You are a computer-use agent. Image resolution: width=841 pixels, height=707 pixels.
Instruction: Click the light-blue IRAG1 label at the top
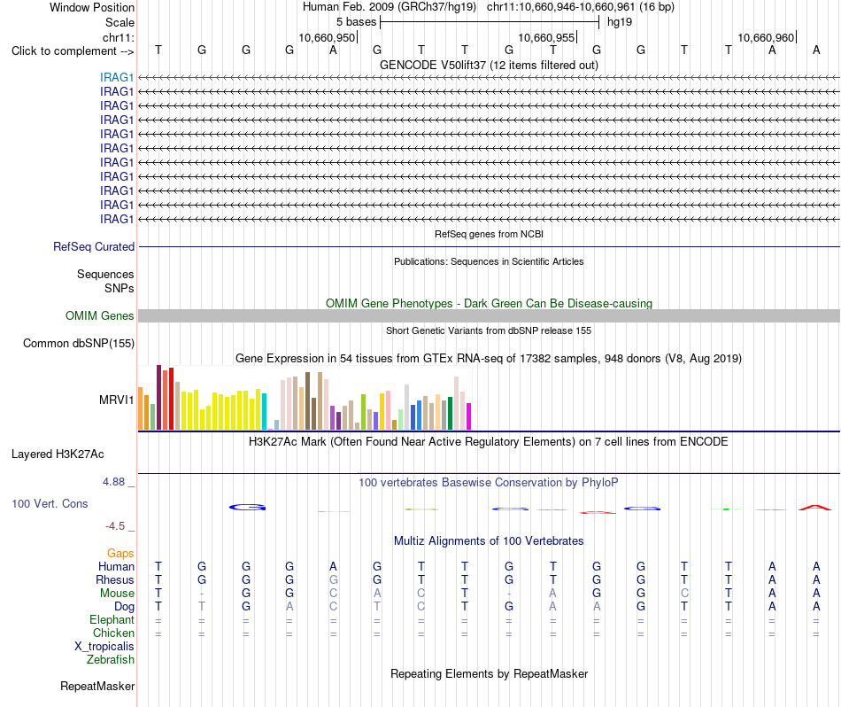point(116,77)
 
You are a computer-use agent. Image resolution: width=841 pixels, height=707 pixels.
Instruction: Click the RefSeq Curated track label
point(94,246)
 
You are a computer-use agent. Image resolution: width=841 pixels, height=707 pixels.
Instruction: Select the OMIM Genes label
point(99,315)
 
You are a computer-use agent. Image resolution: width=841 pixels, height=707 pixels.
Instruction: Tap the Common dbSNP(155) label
point(79,343)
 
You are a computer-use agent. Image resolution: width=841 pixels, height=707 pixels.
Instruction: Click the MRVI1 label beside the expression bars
point(116,400)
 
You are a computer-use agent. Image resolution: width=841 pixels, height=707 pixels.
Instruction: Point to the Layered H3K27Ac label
point(58,454)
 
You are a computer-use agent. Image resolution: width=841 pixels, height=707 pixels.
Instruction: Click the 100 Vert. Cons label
point(50,503)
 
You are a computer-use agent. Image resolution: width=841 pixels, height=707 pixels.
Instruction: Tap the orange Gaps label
point(120,553)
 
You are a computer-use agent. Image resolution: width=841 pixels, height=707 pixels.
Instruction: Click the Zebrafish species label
point(111,659)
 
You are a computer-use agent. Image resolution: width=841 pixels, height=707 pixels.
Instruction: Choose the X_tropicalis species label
point(104,647)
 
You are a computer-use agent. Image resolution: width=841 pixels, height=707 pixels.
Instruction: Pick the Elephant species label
point(112,619)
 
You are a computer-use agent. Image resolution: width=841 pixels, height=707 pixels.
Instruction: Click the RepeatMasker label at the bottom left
point(97,686)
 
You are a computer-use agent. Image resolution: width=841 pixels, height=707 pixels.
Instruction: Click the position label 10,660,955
point(546,37)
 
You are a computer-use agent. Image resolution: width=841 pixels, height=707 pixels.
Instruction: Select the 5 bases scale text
point(357,22)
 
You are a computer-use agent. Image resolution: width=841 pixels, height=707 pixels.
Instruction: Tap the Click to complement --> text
point(73,51)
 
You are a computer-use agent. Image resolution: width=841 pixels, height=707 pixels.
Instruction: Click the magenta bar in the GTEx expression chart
point(469,416)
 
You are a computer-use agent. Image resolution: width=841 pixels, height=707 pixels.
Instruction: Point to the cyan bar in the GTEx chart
point(264,412)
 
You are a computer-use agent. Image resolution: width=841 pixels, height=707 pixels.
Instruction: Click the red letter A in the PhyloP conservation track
point(815,508)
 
